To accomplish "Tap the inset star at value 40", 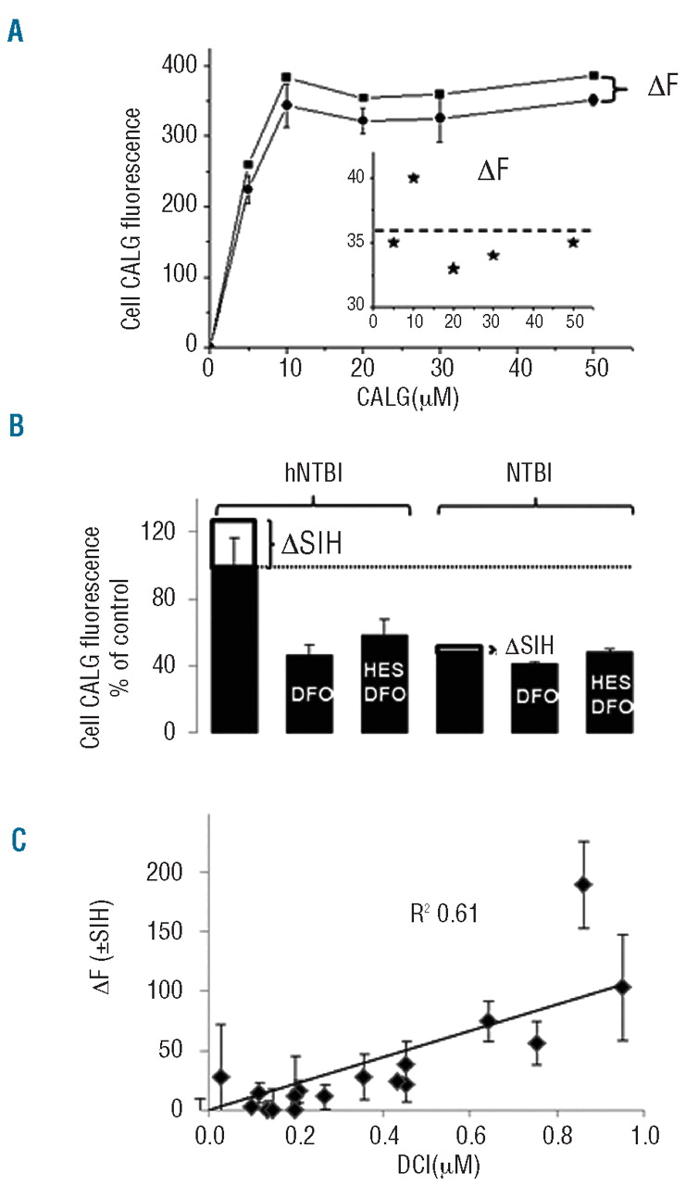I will click(x=414, y=178).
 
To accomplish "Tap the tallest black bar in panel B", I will click(x=234, y=639).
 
